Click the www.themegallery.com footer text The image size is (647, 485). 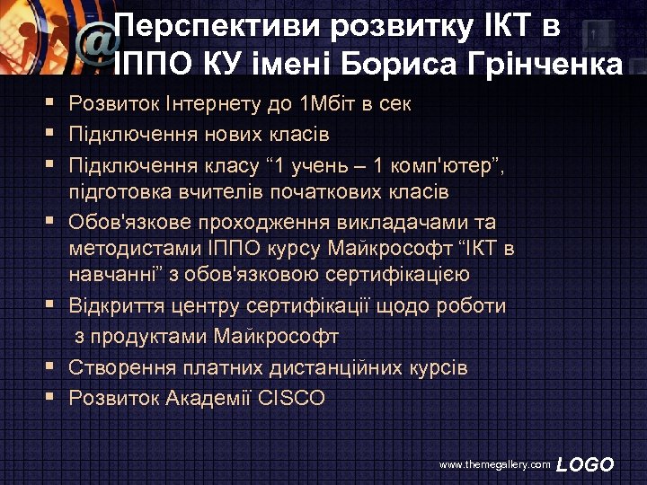click(494, 465)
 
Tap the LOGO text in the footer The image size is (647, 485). click(585, 464)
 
